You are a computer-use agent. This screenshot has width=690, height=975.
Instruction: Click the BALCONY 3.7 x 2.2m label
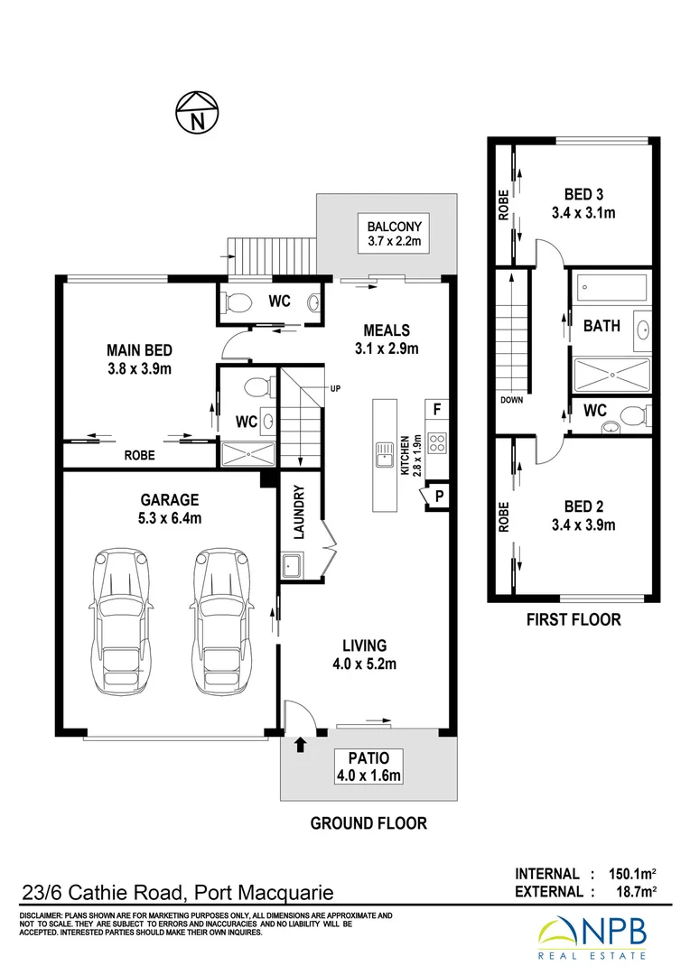(395, 234)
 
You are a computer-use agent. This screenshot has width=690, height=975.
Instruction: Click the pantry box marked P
(439, 496)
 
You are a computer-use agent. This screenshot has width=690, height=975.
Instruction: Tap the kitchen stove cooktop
(436, 442)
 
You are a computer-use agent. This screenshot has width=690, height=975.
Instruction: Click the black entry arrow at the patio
(300, 745)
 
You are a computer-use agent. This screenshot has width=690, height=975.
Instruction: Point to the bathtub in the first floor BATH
(611, 289)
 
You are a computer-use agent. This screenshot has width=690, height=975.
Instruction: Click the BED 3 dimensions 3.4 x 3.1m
(583, 214)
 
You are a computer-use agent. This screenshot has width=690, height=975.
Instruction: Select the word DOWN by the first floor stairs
(510, 399)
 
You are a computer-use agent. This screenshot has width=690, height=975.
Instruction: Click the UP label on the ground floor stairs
(335, 389)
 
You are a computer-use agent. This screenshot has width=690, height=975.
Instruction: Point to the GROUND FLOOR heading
(368, 823)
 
